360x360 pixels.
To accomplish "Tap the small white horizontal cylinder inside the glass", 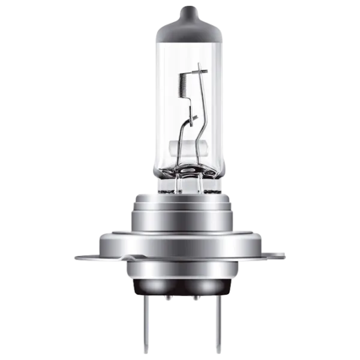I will click(180, 146).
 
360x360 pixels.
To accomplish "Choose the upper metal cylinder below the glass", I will click(181, 213).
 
